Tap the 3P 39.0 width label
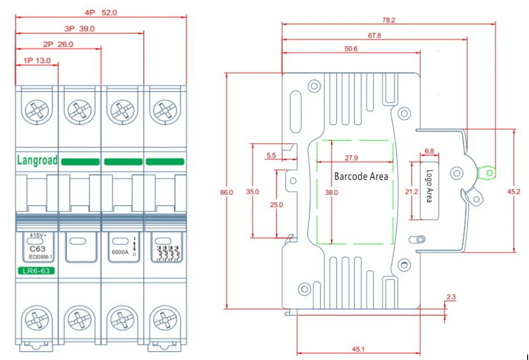coord(79,28)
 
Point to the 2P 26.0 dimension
coord(58,44)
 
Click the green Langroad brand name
coord(37,160)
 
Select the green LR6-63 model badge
coord(36,271)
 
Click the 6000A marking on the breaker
coord(120,252)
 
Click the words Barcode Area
coord(361,177)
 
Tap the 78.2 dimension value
coord(388,20)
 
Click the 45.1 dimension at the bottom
coord(358,349)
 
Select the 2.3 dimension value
coord(451,297)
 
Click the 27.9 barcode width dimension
coord(351,158)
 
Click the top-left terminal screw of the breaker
coord(37,111)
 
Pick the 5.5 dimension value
coord(271,156)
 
